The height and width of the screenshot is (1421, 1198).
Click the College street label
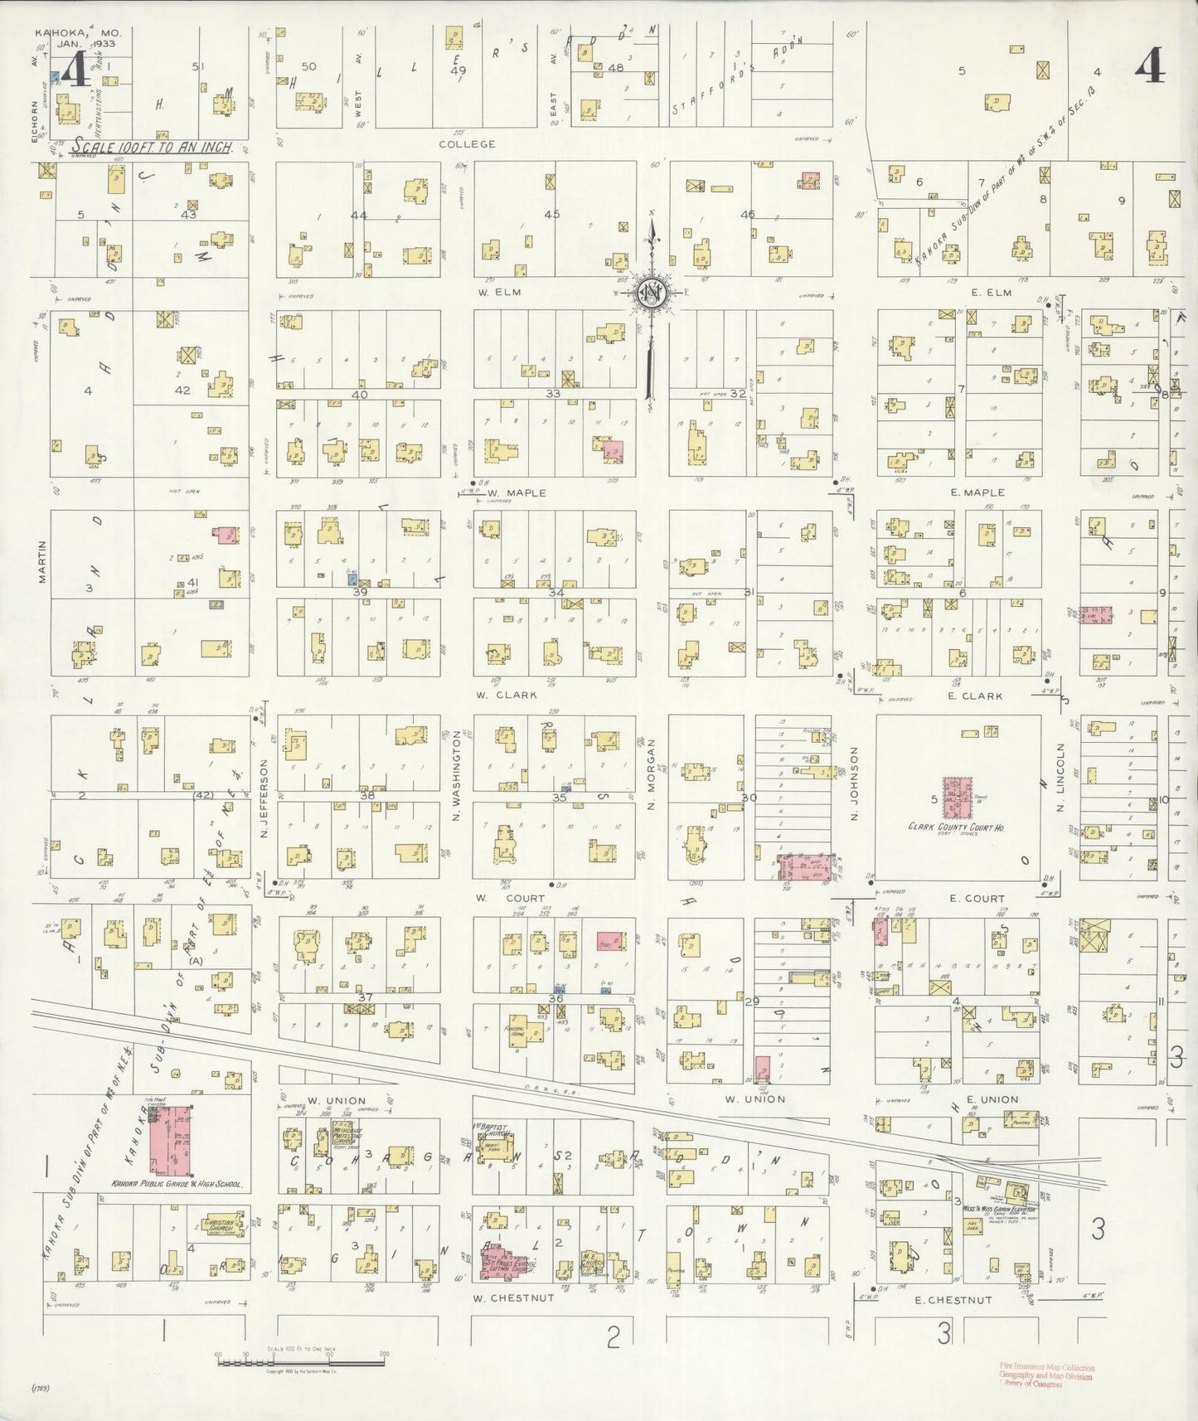pos(467,143)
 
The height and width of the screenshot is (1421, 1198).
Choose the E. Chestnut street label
pos(953,1300)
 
